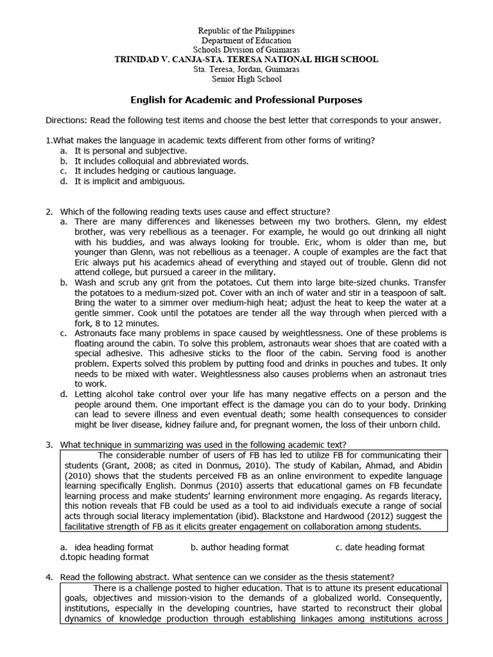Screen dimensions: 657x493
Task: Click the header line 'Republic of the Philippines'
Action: [246, 31]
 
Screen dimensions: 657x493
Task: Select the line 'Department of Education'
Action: [246, 40]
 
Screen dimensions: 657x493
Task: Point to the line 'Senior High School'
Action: [246, 79]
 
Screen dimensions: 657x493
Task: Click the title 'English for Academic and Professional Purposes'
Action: [246, 100]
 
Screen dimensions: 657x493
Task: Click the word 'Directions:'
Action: [67, 120]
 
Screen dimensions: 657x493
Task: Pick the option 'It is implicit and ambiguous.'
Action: [129, 182]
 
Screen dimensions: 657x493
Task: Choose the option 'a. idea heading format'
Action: [107, 547]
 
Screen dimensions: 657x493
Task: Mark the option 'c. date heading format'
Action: [380, 547]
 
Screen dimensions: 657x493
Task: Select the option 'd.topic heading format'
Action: [104, 557]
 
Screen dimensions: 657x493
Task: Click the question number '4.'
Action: [49, 577]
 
